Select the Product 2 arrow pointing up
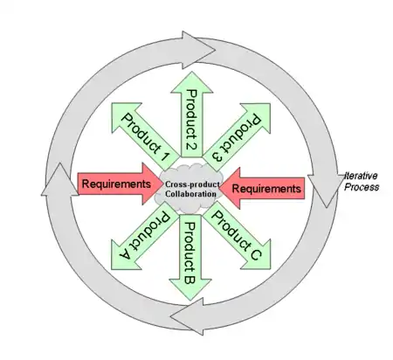[x=191, y=114]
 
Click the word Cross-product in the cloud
[x=192, y=184]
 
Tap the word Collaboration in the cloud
[x=190, y=194]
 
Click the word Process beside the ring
[x=362, y=187]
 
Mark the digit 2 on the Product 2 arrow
[x=191, y=145]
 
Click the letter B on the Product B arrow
[x=190, y=279]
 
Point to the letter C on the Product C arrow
[x=255, y=254]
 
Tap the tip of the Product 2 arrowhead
[x=192, y=72]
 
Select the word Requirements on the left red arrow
[x=116, y=183]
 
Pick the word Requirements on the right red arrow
[x=266, y=189]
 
